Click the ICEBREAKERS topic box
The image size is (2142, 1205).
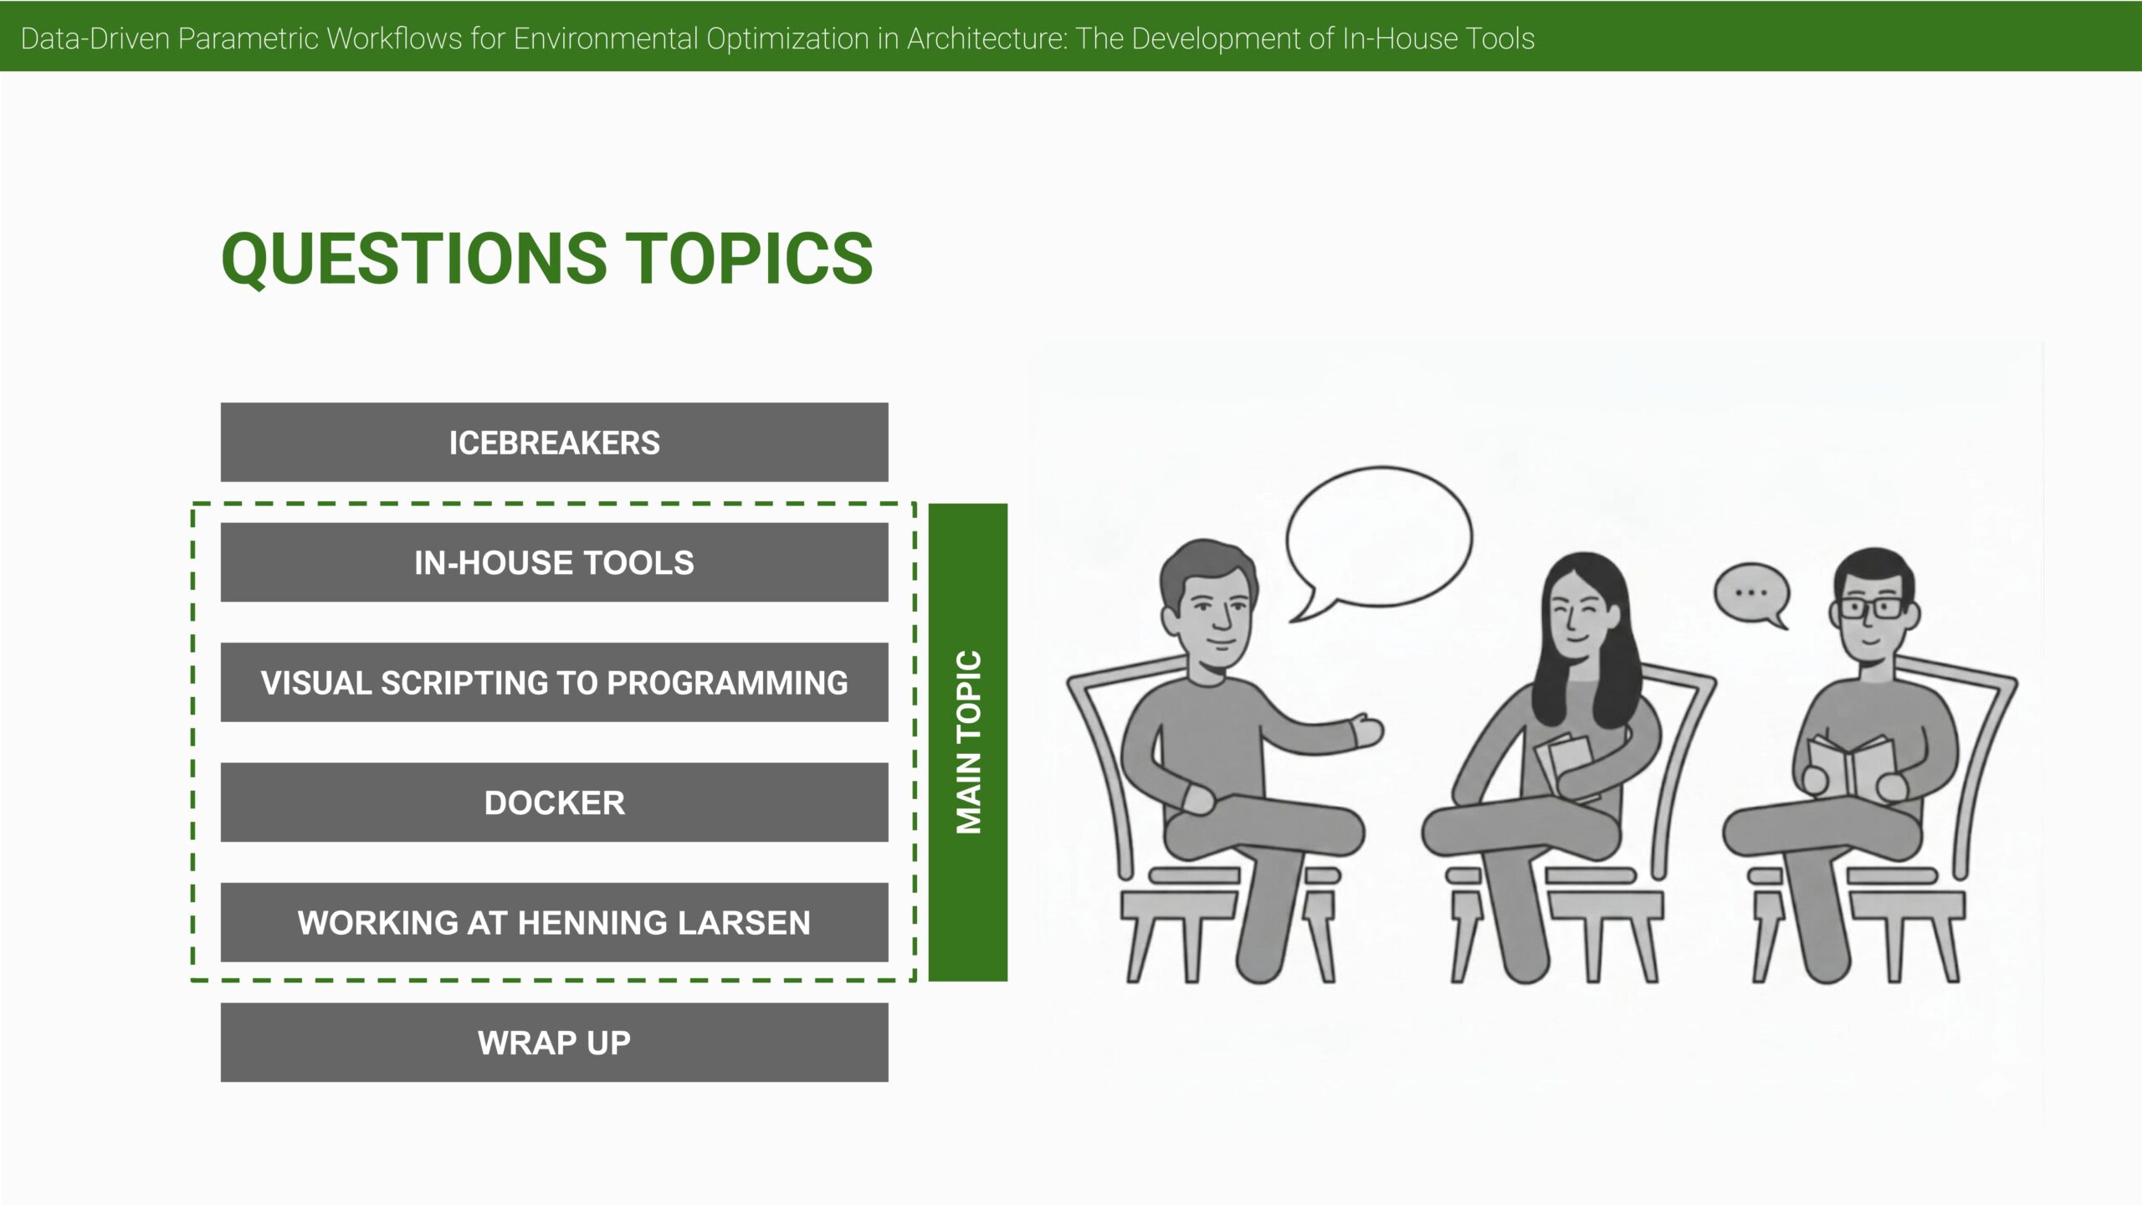[554, 442]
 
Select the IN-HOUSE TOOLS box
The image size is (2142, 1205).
[554, 562]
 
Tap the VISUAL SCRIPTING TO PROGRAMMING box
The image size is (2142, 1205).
[554, 682]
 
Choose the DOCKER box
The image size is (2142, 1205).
[554, 802]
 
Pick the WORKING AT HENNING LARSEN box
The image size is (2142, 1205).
[554, 922]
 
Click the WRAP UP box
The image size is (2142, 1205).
[554, 1042]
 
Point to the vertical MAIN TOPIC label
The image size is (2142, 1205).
[968, 742]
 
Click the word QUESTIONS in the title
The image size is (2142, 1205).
[414, 259]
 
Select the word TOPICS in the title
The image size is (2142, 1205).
[750, 259]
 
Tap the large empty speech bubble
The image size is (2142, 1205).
[1379, 540]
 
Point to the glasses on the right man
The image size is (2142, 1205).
[1873, 608]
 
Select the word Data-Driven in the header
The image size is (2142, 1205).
[95, 38]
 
